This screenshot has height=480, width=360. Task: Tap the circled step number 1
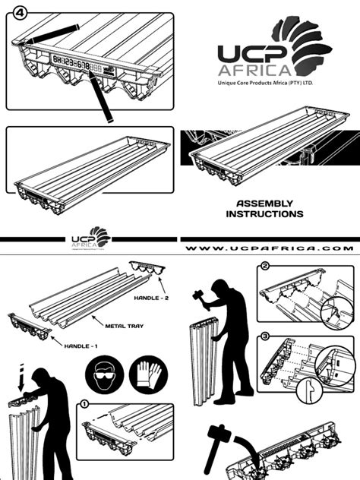click(84, 404)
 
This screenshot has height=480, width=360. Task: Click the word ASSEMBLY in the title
click(264, 204)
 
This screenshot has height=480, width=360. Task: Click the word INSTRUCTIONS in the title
click(264, 214)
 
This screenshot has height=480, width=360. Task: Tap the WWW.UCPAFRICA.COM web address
click(270, 248)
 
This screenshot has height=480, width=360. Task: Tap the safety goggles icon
click(103, 375)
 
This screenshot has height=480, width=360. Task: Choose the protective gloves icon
click(148, 375)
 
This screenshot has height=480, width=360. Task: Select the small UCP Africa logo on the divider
click(90, 238)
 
